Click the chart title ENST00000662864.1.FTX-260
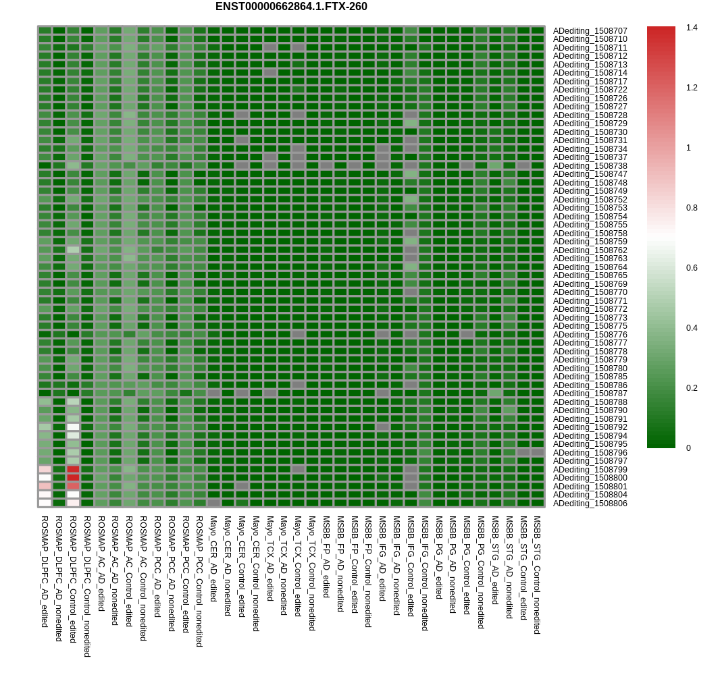(x=291, y=7)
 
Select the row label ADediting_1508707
(x=590, y=31)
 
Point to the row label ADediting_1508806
(x=590, y=504)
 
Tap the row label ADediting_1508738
(x=590, y=166)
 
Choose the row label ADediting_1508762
(x=590, y=250)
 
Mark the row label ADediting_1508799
(x=590, y=470)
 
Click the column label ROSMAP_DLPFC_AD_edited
(x=45, y=571)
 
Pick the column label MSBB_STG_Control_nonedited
(x=537, y=574)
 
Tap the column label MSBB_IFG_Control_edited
(x=411, y=566)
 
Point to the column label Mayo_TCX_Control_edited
(x=298, y=566)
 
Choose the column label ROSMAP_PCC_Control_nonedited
(x=199, y=581)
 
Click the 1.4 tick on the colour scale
(x=692, y=28)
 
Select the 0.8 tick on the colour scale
(x=692, y=208)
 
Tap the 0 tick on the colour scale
(x=689, y=448)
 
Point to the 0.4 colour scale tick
(x=692, y=328)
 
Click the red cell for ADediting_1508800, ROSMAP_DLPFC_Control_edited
(x=73, y=477)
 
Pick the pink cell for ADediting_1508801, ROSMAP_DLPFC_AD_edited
(x=45, y=486)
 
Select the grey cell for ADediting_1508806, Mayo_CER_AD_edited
(x=213, y=503)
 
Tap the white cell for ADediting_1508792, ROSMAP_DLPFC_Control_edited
(x=73, y=427)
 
